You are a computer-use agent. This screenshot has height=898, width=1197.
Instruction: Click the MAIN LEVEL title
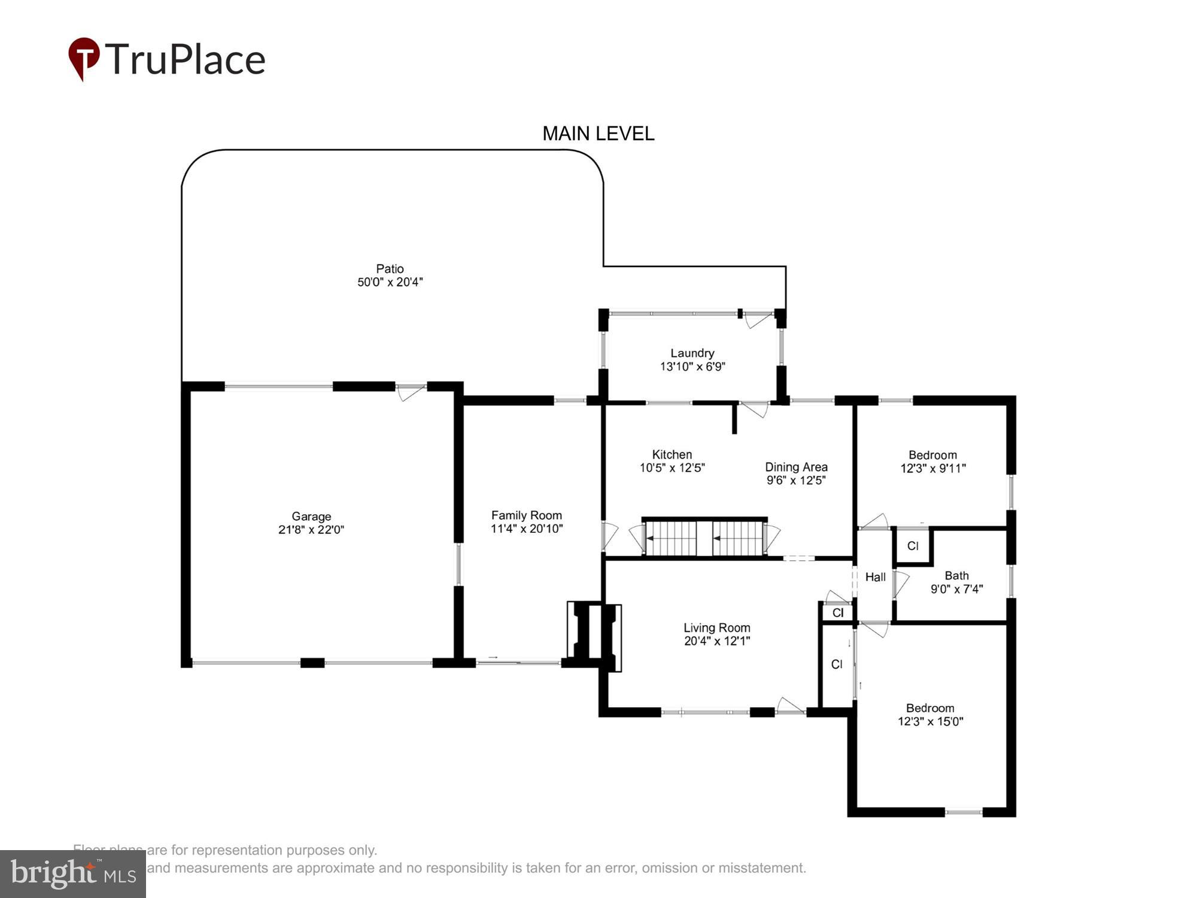[x=598, y=134]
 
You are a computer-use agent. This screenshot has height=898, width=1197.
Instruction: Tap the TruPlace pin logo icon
[x=84, y=58]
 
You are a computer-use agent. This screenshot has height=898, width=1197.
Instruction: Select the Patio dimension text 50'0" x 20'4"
[x=390, y=282]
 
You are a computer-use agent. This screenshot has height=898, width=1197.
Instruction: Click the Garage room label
[x=311, y=516]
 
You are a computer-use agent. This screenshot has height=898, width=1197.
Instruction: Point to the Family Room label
[x=526, y=515]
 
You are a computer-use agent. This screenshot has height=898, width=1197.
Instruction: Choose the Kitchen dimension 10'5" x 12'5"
[x=672, y=468]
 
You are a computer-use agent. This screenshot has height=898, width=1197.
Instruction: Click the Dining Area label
[x=796, y=467]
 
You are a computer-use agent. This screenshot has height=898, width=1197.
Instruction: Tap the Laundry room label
[x=692, y=353]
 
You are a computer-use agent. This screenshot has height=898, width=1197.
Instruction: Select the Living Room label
[x=716, y=627]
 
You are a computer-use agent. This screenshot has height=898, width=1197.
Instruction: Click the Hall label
[x=875, y=577]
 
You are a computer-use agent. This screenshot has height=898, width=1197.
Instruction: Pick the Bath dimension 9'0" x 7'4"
[x=956, y=589]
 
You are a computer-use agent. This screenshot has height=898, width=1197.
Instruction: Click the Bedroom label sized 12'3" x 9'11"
[x=932, y=455]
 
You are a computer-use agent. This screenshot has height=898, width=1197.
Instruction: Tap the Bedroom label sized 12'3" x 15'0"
[x=929, y=708]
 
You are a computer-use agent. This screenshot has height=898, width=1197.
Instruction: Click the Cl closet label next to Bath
[x=912, y=546]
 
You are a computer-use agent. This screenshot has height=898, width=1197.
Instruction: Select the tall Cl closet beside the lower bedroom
[x=837, y=665]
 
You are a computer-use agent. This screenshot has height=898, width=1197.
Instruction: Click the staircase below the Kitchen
[x=704, y=538]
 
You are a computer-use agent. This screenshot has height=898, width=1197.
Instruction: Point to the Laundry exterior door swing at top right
[x=758, y=320]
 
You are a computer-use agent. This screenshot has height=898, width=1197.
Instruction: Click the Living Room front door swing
[x=790, y=705]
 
